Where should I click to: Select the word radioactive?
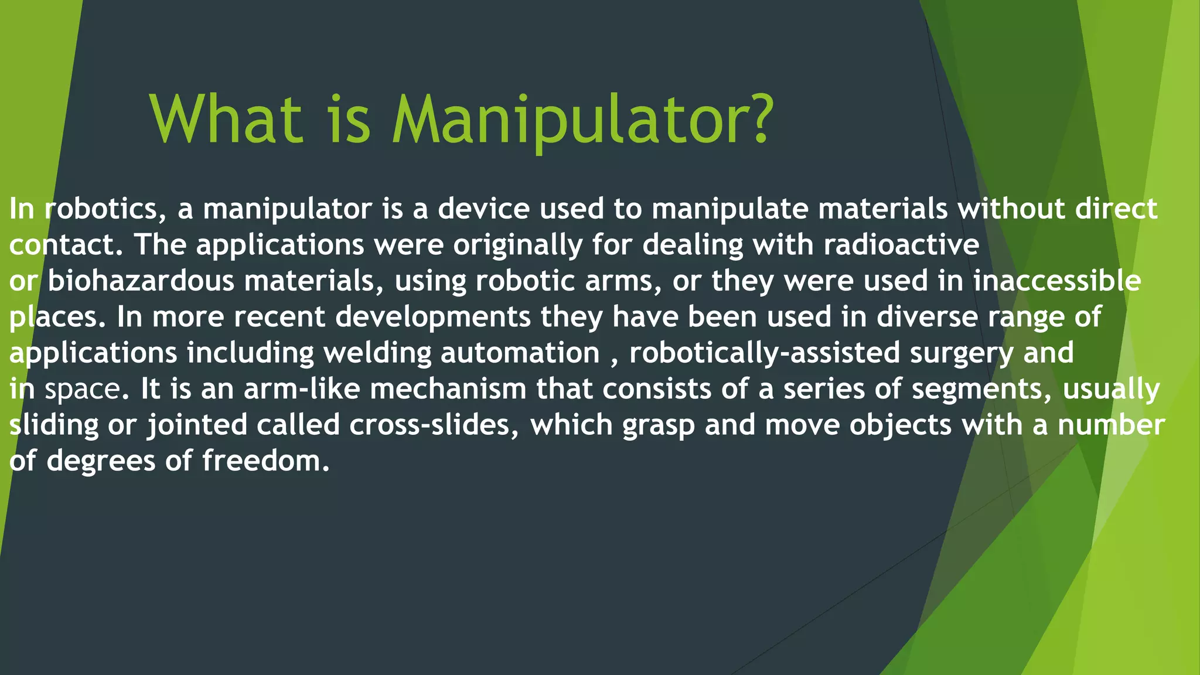[x=901, y=245]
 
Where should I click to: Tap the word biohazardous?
[x=141, y=281]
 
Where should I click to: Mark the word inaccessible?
[x=1057, y=281]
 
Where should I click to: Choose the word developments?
[x=433, y=318]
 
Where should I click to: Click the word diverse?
[x=927, y=317]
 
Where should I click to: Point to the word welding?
[x=377, y=353]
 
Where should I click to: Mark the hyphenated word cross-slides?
[x=434, y=425]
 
